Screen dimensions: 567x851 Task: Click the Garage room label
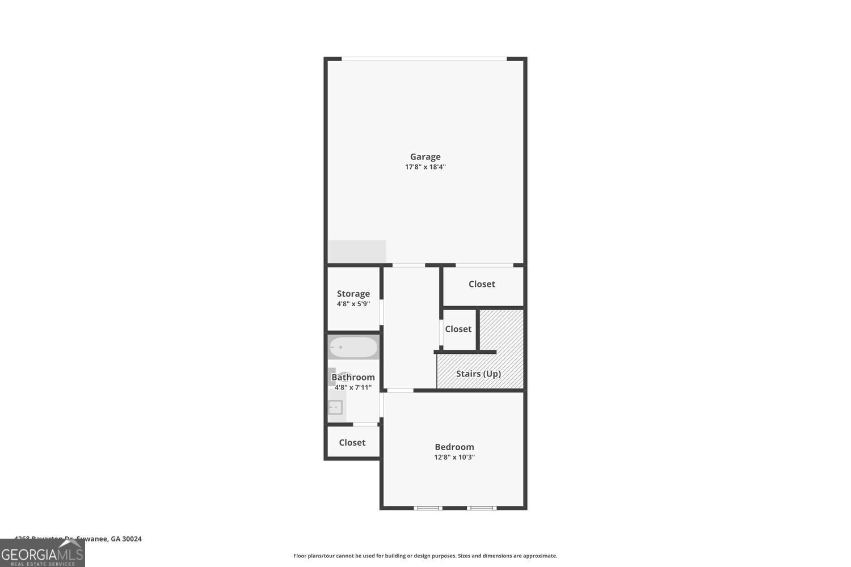(425, 156)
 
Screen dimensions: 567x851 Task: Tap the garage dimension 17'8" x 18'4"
(425, 167)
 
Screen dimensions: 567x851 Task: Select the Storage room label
(353, 293)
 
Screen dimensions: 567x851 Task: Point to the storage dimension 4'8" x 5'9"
(353, 304)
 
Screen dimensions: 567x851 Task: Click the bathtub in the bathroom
(353, 347)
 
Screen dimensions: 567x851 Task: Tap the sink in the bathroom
(335, 407)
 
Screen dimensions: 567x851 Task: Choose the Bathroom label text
(353, 377)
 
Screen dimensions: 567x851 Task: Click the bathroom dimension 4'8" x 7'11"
(353, 388)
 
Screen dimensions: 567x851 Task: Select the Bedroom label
(454, 447)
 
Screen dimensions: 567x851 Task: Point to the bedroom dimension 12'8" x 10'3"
(454, 457)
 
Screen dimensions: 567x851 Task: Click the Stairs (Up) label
(478, 374)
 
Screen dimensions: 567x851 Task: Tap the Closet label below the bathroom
(352, 442)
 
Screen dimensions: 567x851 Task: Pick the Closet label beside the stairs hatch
(458, 329)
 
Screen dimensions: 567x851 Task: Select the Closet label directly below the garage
(482, 284)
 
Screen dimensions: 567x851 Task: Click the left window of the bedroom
(428, 507)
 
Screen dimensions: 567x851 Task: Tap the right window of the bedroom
(481, 507)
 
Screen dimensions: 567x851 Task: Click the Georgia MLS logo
(42, 553)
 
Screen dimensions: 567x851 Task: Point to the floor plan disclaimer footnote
(425, 556)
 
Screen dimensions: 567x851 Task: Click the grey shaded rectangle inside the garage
(357, 251)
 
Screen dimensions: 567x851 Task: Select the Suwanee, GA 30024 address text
(78, 539)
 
